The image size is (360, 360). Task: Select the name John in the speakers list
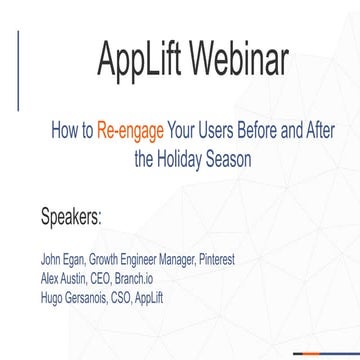[52, 260]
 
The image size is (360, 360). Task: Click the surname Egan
[81, 260]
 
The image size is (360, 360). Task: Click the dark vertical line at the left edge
[18, 70]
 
